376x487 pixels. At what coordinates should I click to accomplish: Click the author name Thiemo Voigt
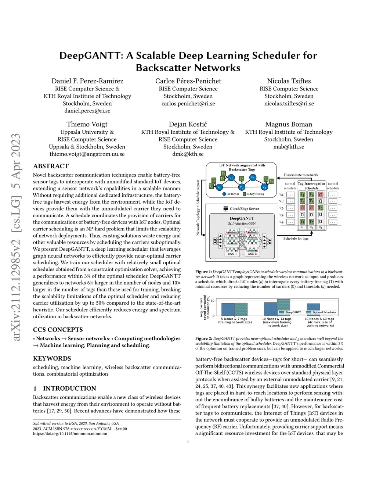pyautogui.click(x=87, y=124)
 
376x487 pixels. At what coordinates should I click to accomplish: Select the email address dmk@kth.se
pyautogui.click(x=188, y=154)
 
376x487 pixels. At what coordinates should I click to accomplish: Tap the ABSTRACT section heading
pyautogui.click(x=51, y=166)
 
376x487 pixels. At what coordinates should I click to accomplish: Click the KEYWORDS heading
pyautogui.click(x=52, y=358)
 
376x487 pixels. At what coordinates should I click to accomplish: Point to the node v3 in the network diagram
pyautogui.click(x=253, y=178)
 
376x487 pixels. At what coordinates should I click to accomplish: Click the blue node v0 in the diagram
pyautogui.click(x=219, y=187)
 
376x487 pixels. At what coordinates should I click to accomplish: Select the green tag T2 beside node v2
pyautogui.click(x=242, y=179)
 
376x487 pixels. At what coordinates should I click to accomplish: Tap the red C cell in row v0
pyautogui.click(x=320, y=195)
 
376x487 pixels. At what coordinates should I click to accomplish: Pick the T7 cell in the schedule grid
pyautogui.click(x=311, y=222)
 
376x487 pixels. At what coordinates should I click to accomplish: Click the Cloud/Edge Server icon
pyautogui.click(x=226, y=209)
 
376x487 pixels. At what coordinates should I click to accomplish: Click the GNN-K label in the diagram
pyautogui.click(x=252, y=254)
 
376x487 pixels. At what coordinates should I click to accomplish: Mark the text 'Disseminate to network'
pyautogui.click(x=301, y=175)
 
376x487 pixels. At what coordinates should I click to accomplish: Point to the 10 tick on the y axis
pyautogui.click(x=213, y=301)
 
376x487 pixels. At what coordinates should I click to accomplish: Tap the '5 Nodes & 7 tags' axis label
pyautogui.click(x=234, y=319)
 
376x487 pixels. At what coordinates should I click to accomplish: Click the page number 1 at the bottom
pyautogui.click(x=188, y=441)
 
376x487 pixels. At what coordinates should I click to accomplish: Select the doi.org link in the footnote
pyautogui.click(x=70, y=434)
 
